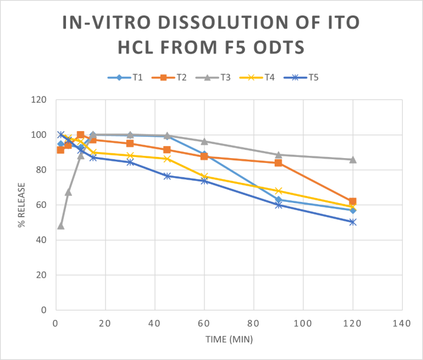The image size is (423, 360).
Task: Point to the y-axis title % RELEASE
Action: pos(22,204)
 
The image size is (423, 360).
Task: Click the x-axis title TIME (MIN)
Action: pos(229,340)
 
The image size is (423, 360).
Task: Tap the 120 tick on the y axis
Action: pos(39,100)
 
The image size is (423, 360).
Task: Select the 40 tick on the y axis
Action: pos(41,240)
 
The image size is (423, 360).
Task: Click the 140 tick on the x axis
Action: pos(402,323)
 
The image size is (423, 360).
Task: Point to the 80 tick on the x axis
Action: pos(254,323)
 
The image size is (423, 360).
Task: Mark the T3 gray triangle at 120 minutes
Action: pos(353,160)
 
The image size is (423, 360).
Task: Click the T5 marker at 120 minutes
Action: pos(353,222)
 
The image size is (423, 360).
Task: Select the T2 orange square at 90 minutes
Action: pos(279,163)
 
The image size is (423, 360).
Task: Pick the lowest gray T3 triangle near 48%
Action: pos(60,226)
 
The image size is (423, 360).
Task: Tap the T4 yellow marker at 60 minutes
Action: pos(204,177)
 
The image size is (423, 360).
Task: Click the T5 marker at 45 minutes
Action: pos(167,176)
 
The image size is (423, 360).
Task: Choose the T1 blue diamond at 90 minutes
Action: pos(279,200)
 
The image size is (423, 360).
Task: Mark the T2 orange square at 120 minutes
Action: pos(353,201)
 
